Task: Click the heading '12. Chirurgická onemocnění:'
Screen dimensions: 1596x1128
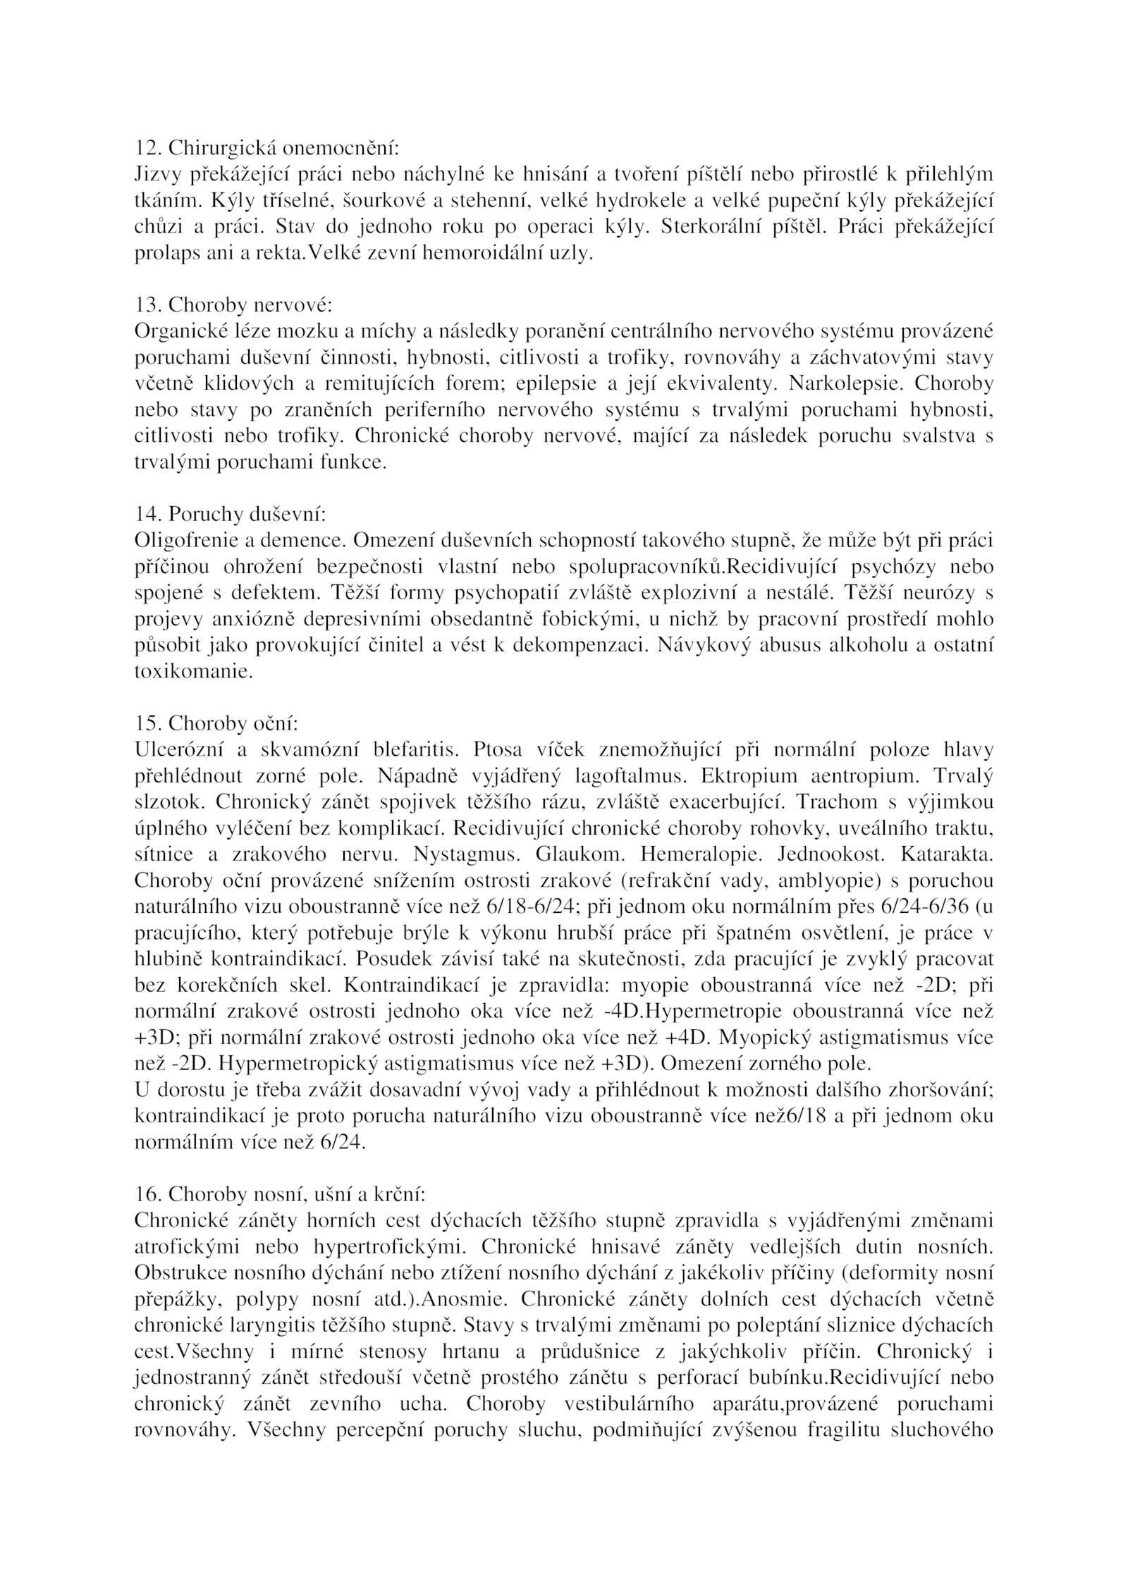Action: pyautogui.click(x=266, y=149)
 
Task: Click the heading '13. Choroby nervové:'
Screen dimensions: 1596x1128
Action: pyautogui.click(x=233, y=306)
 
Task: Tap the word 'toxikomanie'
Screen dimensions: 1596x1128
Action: pyautogui.click(x=193, y=671)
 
